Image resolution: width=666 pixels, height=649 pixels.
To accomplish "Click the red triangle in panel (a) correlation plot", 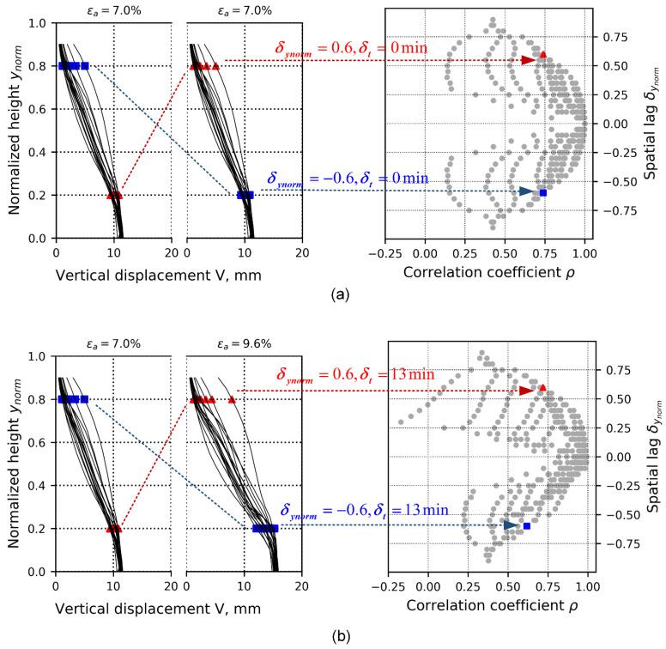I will pos(542,54).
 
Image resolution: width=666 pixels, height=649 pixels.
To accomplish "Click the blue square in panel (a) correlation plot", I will pos(542,193).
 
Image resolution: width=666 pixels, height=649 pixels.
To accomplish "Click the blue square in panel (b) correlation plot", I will pos(526,525).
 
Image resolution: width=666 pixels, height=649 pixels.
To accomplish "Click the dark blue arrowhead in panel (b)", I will pos(512,525).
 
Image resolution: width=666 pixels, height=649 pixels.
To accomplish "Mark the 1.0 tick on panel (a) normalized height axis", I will pos(39,23).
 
